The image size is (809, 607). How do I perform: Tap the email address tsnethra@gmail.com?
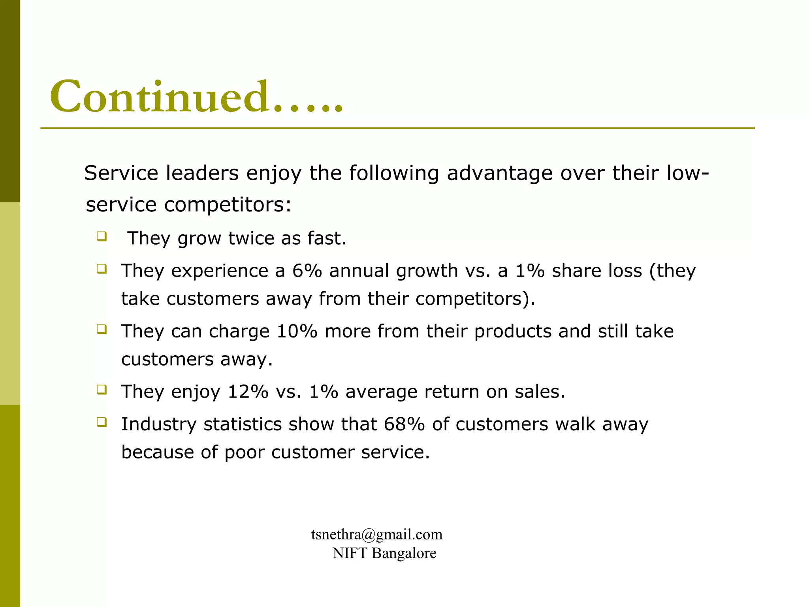click(x=376, y=535)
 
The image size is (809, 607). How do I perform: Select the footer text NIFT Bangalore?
click(x=384, y=553)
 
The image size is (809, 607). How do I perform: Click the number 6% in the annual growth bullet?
click(x=307, y=271)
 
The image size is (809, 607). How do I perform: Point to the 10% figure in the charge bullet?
click(x=297, y=332)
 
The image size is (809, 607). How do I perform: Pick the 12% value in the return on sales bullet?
click(x=248, y=392)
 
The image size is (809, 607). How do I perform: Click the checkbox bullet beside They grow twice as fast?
click(x=102, y=237)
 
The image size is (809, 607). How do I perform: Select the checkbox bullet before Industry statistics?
click(x=102, y=422)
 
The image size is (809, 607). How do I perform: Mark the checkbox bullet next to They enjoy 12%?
click(x=102, y=390)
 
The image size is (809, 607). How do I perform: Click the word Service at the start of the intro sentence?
click(x=121, y=173)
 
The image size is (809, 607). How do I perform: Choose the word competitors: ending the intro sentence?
click(x=228, y=205)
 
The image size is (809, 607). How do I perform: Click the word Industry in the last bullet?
click(x=158, y=424)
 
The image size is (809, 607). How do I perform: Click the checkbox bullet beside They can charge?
click(x=102, y=330)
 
